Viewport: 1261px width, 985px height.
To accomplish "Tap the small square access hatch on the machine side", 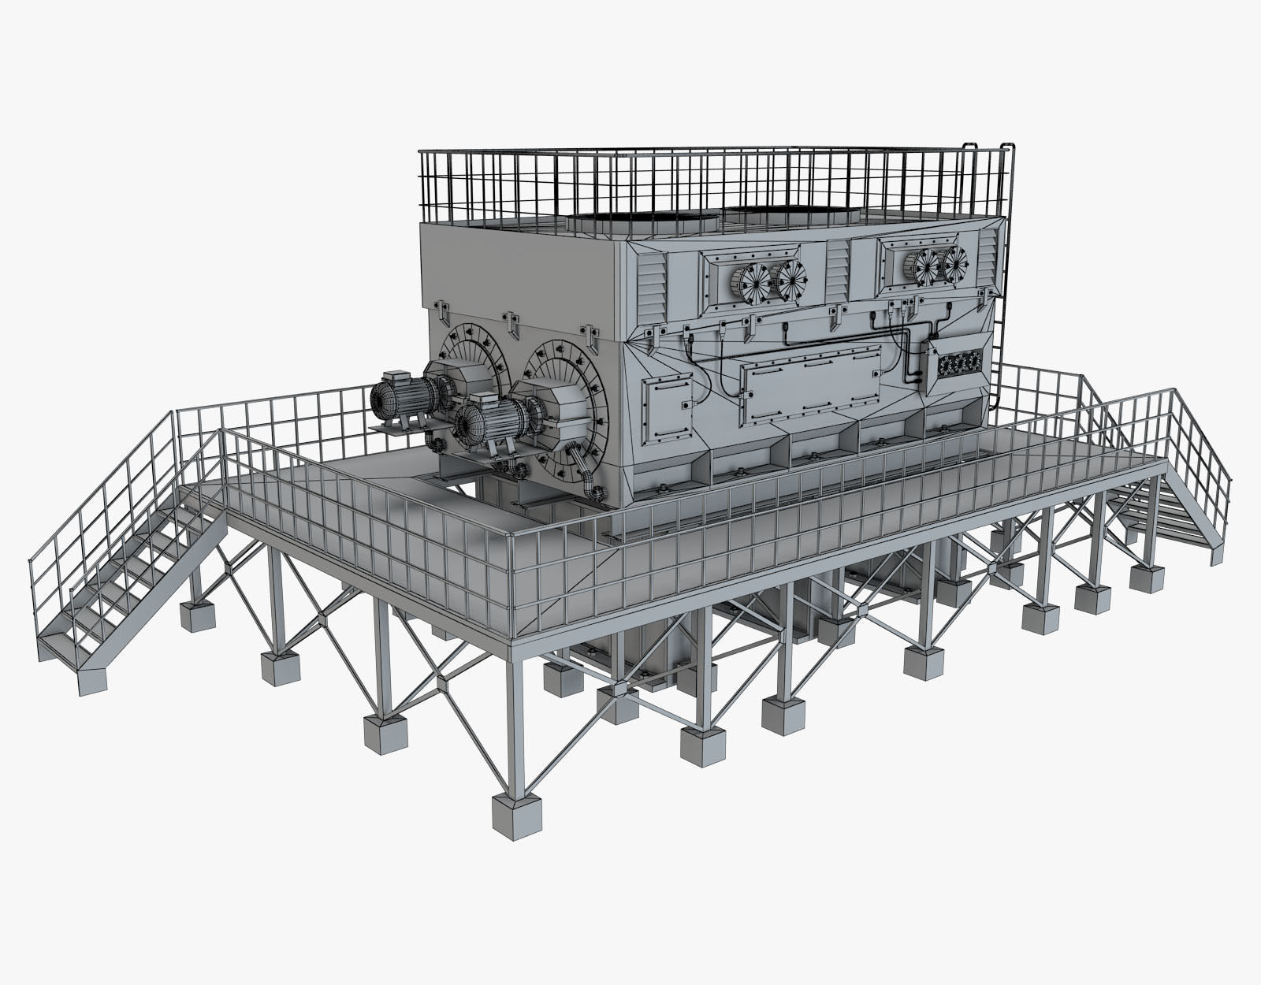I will (667, 408).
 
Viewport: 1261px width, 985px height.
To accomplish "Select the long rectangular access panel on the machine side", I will (812, 381).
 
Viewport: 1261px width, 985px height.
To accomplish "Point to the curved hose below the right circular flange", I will (586, 477).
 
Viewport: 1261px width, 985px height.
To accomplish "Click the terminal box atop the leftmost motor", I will (394, 377).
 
